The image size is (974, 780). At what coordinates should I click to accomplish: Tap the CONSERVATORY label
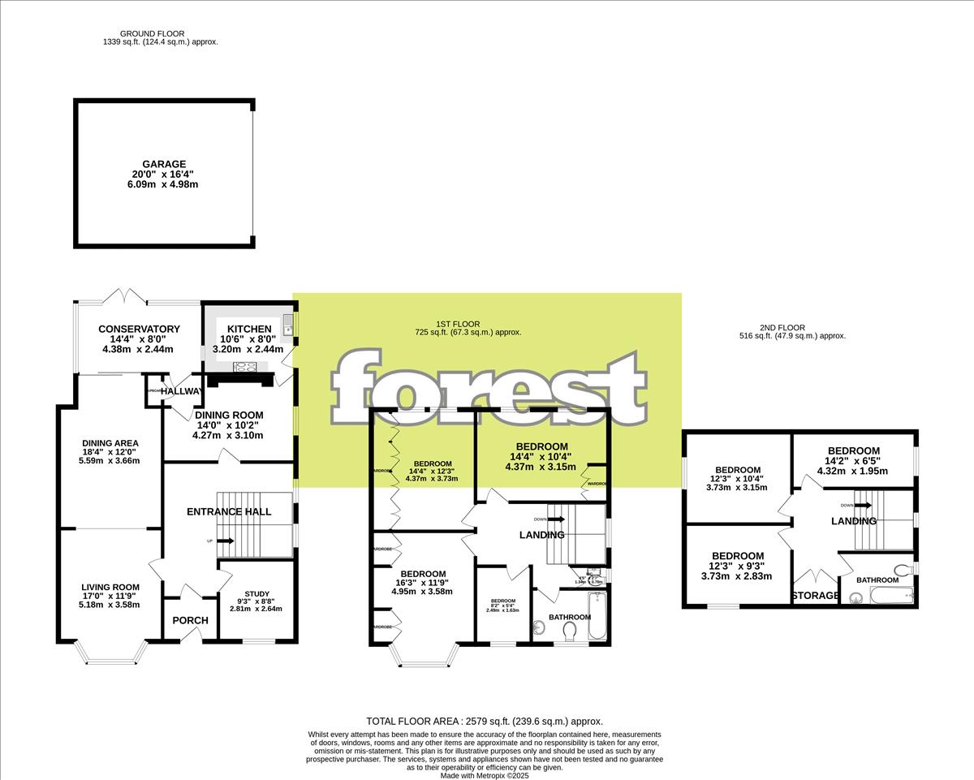(139, 329)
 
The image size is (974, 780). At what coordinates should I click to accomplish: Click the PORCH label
(191, 620)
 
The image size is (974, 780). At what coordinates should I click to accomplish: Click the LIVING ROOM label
(110, 587)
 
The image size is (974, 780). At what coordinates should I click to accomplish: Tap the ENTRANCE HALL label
(229, 511)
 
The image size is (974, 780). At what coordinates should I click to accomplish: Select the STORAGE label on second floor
(815, 596)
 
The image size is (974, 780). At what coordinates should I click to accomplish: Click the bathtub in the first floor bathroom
(597, 615)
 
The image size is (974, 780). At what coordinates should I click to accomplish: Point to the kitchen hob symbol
(245, 366)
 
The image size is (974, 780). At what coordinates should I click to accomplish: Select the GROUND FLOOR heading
(152, 33)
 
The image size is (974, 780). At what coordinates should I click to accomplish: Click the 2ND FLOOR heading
(761, 327)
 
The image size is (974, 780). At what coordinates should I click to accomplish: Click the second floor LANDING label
(853, 521)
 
